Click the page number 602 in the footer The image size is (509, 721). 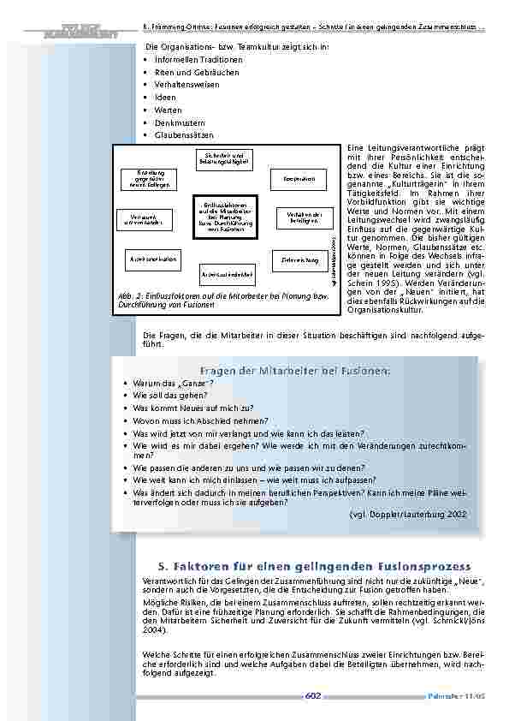312,696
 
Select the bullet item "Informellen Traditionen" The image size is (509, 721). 198,60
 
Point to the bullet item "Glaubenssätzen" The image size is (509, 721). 184,135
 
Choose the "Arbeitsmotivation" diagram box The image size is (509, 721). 154,257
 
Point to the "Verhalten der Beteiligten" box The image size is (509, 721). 299,217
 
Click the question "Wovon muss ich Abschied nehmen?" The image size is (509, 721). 201,421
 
